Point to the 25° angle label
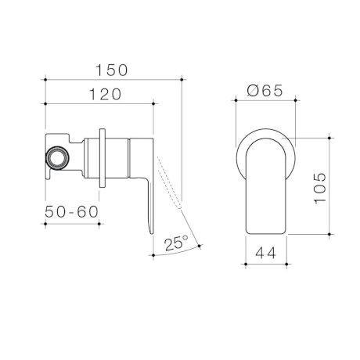point(176,243)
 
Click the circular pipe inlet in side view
point(57,157)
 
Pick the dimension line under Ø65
point(266,101)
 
